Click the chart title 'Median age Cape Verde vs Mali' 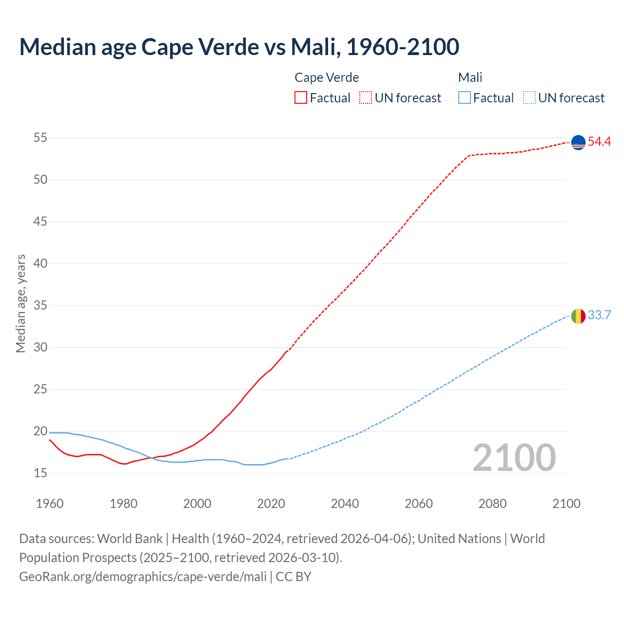239,47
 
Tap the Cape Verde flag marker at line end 578,142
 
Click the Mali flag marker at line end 578,316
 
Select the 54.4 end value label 599,142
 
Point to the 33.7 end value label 599,315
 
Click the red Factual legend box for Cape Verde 301,98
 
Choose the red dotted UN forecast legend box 366,98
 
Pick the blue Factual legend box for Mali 465,98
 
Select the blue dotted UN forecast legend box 529,98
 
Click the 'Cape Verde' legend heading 327,78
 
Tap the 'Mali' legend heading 470,78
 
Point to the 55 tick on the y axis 40,138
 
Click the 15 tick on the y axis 40,473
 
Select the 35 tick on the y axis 40,306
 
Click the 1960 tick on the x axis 50,504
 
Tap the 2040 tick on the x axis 345,504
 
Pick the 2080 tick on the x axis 492,504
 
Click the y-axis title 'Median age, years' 20,303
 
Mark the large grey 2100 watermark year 514,458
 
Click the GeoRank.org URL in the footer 143,577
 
